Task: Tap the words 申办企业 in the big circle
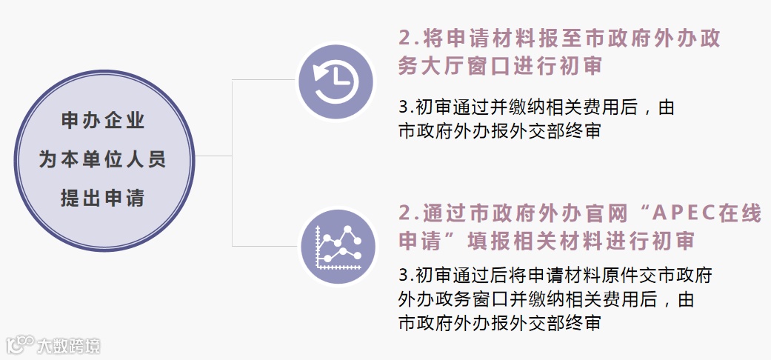[103, 121]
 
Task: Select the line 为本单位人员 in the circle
[103, 159]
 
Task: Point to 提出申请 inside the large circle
[103, 198]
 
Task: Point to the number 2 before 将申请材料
[404, 39]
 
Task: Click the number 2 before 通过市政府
[404, 214]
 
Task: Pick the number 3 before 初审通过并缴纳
[403, 108]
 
